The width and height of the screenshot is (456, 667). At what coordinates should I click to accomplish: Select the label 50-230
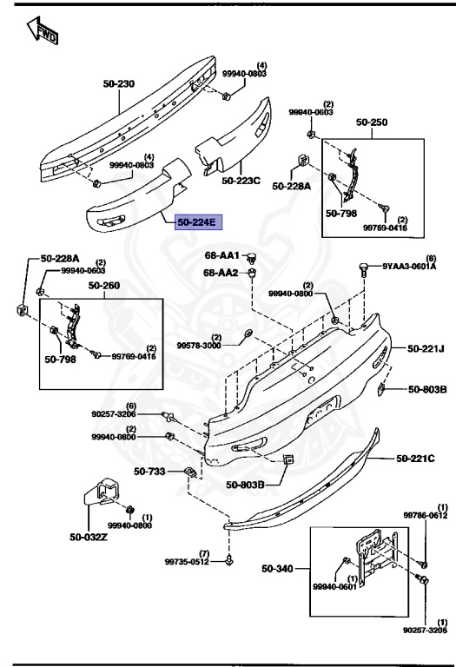(x=119, y=84)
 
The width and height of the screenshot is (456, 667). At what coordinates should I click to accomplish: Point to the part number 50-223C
(x=241, y=181)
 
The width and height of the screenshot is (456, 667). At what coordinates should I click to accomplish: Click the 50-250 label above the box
(x=371, y=123)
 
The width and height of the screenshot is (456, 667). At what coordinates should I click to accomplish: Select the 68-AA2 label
(x=221, y=273)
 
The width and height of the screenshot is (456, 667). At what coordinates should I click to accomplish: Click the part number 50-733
(x=149, y=472)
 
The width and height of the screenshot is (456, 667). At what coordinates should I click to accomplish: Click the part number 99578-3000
(x=200, y=345)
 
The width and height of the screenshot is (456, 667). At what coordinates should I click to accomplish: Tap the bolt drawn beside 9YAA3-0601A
(x=363, y=267)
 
